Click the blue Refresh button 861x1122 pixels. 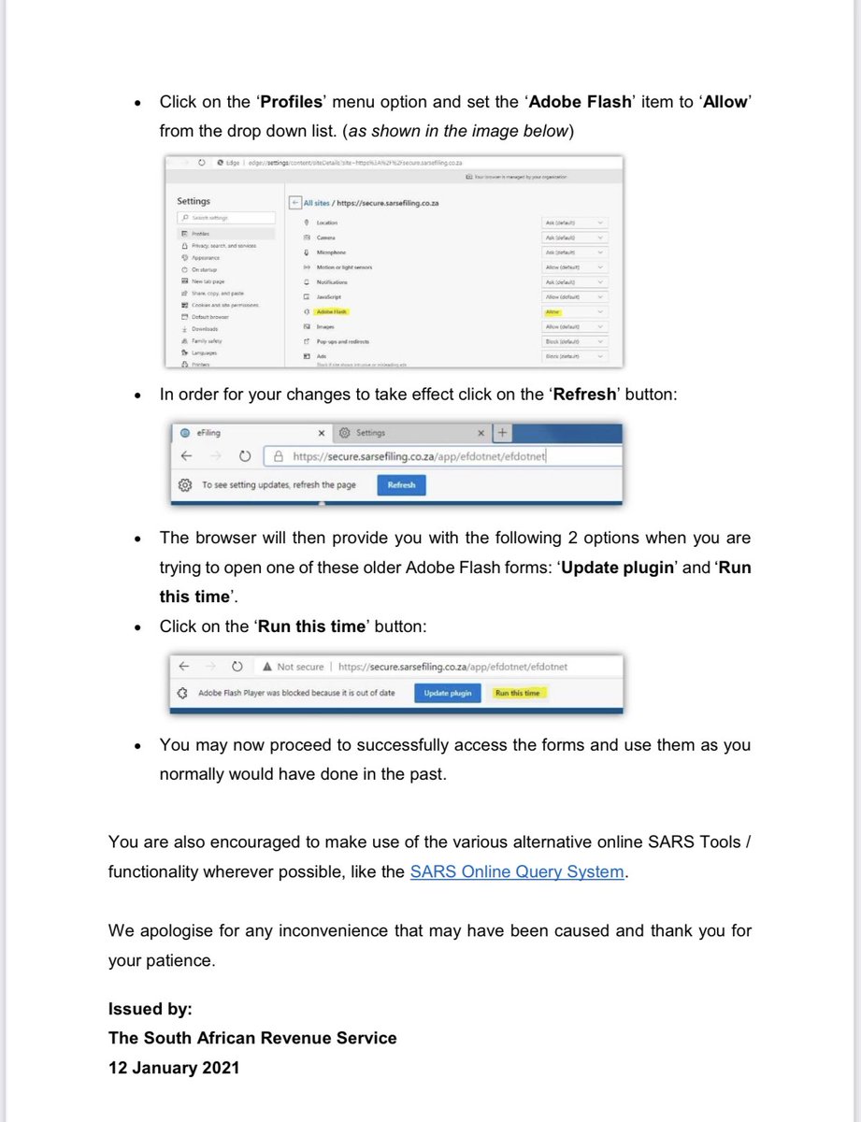401,484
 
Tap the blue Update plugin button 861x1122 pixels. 448,693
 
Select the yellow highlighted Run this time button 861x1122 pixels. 517,693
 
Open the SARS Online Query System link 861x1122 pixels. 517,871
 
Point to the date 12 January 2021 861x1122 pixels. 174,1067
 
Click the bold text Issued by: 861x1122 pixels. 151,1009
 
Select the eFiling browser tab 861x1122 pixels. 208,433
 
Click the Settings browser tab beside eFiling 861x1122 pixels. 370,433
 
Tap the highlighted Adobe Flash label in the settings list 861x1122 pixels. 332,311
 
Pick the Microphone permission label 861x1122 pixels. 331,252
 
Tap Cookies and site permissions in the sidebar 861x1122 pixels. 225,305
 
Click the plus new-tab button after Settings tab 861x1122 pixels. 502,433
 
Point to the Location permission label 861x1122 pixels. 327,223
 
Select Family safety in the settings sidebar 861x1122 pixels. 207,341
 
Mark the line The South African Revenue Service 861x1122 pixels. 252,1038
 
